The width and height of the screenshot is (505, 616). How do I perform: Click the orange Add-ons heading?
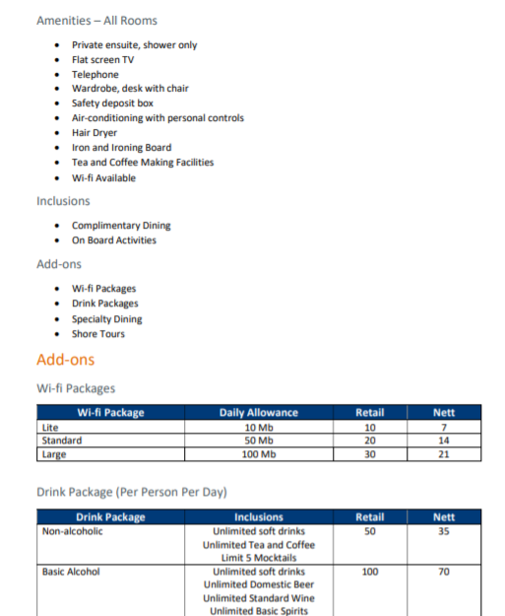[65, 360]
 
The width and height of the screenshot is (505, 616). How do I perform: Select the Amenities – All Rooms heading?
[96, 20]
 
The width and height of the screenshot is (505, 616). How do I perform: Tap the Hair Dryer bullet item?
[95, 133]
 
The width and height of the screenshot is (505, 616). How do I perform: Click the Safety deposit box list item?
[112, 103]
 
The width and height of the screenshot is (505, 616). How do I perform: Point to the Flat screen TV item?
[102, 59]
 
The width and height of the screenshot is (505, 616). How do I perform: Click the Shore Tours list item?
[97, 334]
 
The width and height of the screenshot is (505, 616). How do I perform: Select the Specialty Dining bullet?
[106, 319]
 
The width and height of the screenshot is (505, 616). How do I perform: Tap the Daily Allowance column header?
[258, 413]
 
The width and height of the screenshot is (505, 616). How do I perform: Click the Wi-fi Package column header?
[110, 413]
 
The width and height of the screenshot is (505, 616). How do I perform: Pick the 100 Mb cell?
[258, 454]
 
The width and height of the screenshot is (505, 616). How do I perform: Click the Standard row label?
[61, 441]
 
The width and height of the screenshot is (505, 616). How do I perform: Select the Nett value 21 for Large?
[444, 454]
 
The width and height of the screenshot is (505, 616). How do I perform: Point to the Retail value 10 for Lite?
[369, 427]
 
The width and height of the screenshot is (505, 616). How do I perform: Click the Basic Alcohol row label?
[71, 572]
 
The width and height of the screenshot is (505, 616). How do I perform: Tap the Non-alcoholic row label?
[72, 531]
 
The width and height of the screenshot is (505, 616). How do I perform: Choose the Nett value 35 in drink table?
[444, 531]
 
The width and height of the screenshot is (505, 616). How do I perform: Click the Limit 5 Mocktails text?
[258, 558]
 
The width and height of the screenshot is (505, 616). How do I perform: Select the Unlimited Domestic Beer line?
[258, 584]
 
